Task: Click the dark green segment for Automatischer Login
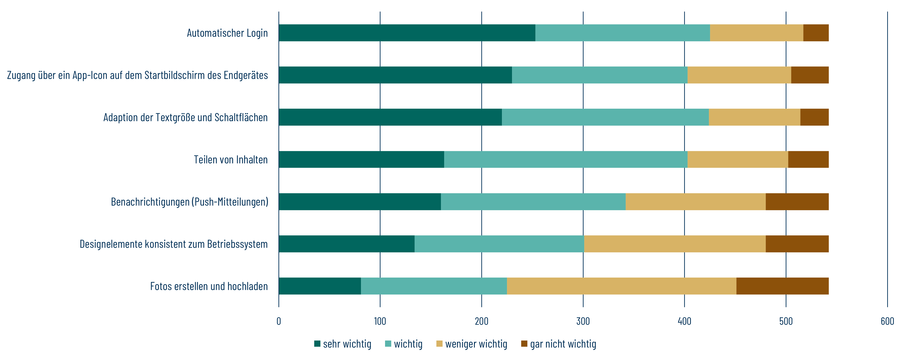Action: point(407,33)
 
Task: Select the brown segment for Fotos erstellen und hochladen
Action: point(782,286)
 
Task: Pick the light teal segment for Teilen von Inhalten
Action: point(566,160)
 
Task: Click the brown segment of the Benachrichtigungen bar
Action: point(797,202)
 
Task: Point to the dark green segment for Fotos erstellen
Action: point(320,286)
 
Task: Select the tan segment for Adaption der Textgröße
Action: point(755,117)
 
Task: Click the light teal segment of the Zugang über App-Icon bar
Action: point(600,75)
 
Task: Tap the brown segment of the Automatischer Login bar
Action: point(816,33)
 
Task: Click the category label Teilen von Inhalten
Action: point(231,160)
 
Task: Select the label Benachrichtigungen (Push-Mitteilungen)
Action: point(190,202)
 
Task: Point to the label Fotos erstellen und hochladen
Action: point(209,286)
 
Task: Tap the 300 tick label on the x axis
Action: point(583,321)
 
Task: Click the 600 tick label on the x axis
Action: point(887,321)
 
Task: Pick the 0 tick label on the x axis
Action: point(279,321)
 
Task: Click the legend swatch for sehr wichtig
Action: point(317,344)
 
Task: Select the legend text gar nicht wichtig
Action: point(563,344)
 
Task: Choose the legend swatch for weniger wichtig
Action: point(439,344)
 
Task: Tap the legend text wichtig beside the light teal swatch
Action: point(408,344)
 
